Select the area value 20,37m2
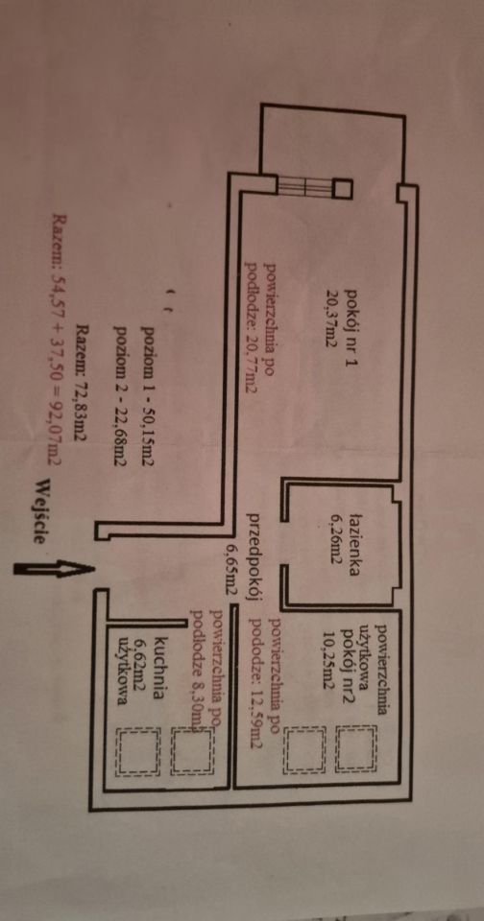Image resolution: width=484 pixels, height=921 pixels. [x=334, y=319]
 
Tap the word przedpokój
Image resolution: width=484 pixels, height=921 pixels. [x=254, y=557]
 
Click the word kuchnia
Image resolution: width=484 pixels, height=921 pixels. [x=157, y=659]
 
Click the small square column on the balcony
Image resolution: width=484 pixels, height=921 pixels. [x=342, y=189]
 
